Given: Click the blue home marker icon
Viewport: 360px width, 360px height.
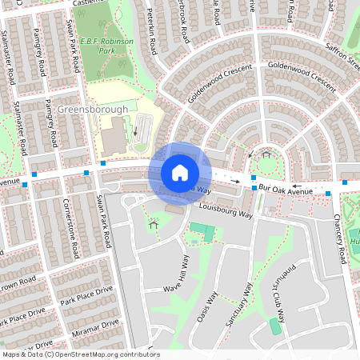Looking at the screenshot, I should pos(180,172).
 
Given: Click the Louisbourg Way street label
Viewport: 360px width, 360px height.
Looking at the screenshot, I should pos(226,215).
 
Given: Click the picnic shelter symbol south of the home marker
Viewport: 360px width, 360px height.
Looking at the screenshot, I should pos(152,225).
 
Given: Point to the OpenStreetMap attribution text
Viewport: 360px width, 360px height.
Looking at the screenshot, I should pos(80,354).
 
